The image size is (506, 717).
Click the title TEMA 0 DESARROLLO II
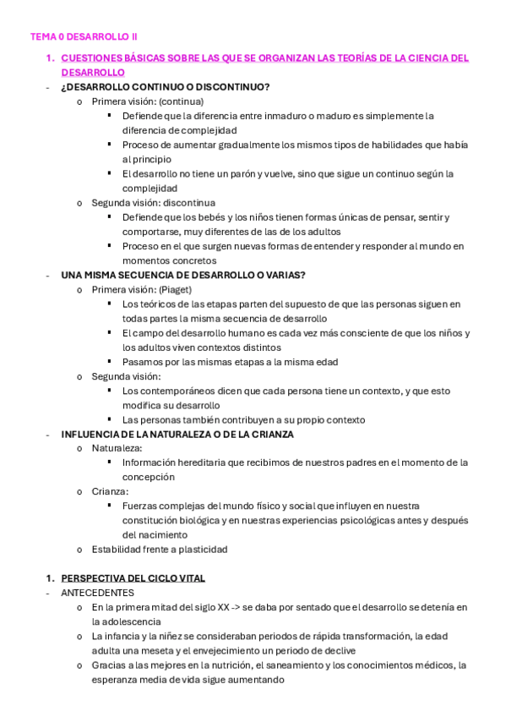(x=84, y=37)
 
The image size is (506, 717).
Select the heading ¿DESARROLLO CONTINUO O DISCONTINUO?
(x=166, y=87)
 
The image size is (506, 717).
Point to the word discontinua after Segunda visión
(x=188, y=203)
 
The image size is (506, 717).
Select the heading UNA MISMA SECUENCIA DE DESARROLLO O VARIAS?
(x=183, y=275)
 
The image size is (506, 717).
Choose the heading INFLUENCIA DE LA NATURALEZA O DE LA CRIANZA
(x=177, y=434)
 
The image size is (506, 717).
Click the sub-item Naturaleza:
(x=117, y=448)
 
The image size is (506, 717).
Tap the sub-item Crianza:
(x=111, y=491)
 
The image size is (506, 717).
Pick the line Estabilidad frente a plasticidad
(x=160, y=549)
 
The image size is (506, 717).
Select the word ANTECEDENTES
(x=98, y=593)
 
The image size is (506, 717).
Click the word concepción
(x=149, y=477)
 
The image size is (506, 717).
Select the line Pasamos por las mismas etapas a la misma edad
(x=230, y=362)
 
